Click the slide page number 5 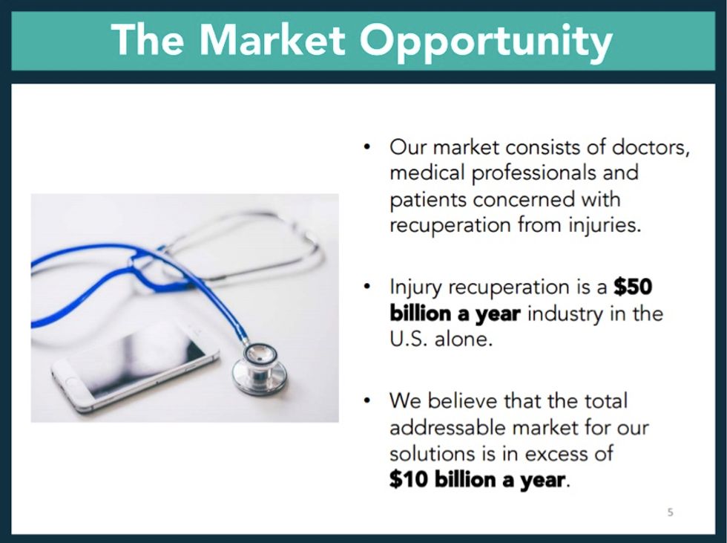pyautogui.click(x=671, y=512)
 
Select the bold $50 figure pyautogui.click(x=632, y=287)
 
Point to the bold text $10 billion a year pyautogui.click(x=478, y=480)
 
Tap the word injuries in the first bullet pyautogui.click(x=604, y=225)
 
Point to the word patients pyautogui.click(x=428, y=199)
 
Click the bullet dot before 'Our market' pyautogui.click(x=367, y=146)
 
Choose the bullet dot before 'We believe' pyautogui.click(x=367, y=401)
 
